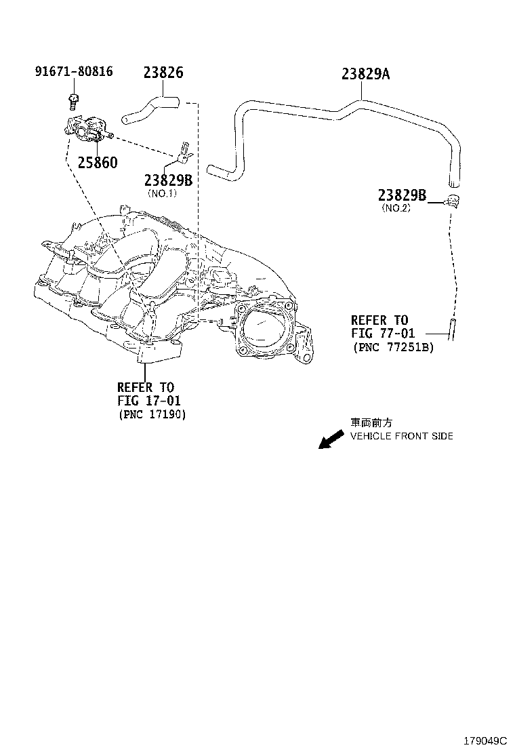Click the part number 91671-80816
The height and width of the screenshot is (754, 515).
click(x=74, y=71)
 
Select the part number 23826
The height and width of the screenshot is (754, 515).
click(x=163, y=73)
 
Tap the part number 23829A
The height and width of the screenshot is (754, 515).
click(x=365, y=73)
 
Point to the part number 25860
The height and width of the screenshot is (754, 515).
click(x=97, y=163)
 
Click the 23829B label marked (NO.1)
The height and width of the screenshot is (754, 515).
click(x=168, y=180)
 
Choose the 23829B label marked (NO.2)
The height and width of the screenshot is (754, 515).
click(x=402, y=195)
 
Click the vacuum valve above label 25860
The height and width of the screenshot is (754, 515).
click(x=87, y=129)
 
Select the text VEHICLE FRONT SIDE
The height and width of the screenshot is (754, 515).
click(x=401, y=436)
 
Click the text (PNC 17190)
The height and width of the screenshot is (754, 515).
click(x=152, y=414)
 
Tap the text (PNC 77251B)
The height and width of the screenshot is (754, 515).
click(x=393, y=346)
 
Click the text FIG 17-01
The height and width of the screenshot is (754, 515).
click(x=149, y=401)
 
